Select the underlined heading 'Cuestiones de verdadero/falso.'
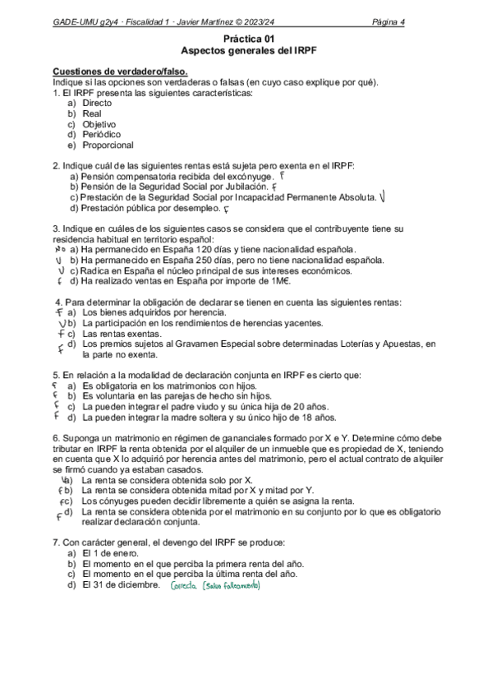click(120, 72)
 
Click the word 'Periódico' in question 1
click(103, 134)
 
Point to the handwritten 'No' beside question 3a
click(59, 248)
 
